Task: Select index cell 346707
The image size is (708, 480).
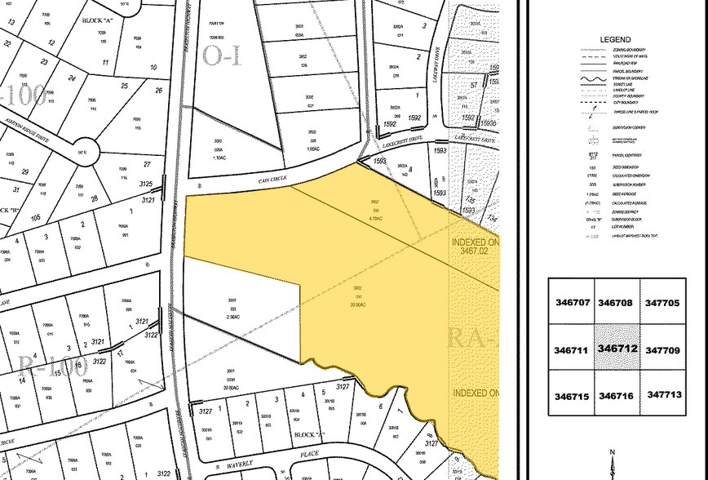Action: click(x=571, y=302)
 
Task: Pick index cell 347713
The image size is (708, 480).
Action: click(x=662, y=393)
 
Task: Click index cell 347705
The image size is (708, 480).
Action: click(x=662, y=302)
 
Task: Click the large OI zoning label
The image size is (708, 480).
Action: click(x=223, y=56)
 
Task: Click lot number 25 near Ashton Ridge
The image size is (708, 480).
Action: click(x=125, y=87)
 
